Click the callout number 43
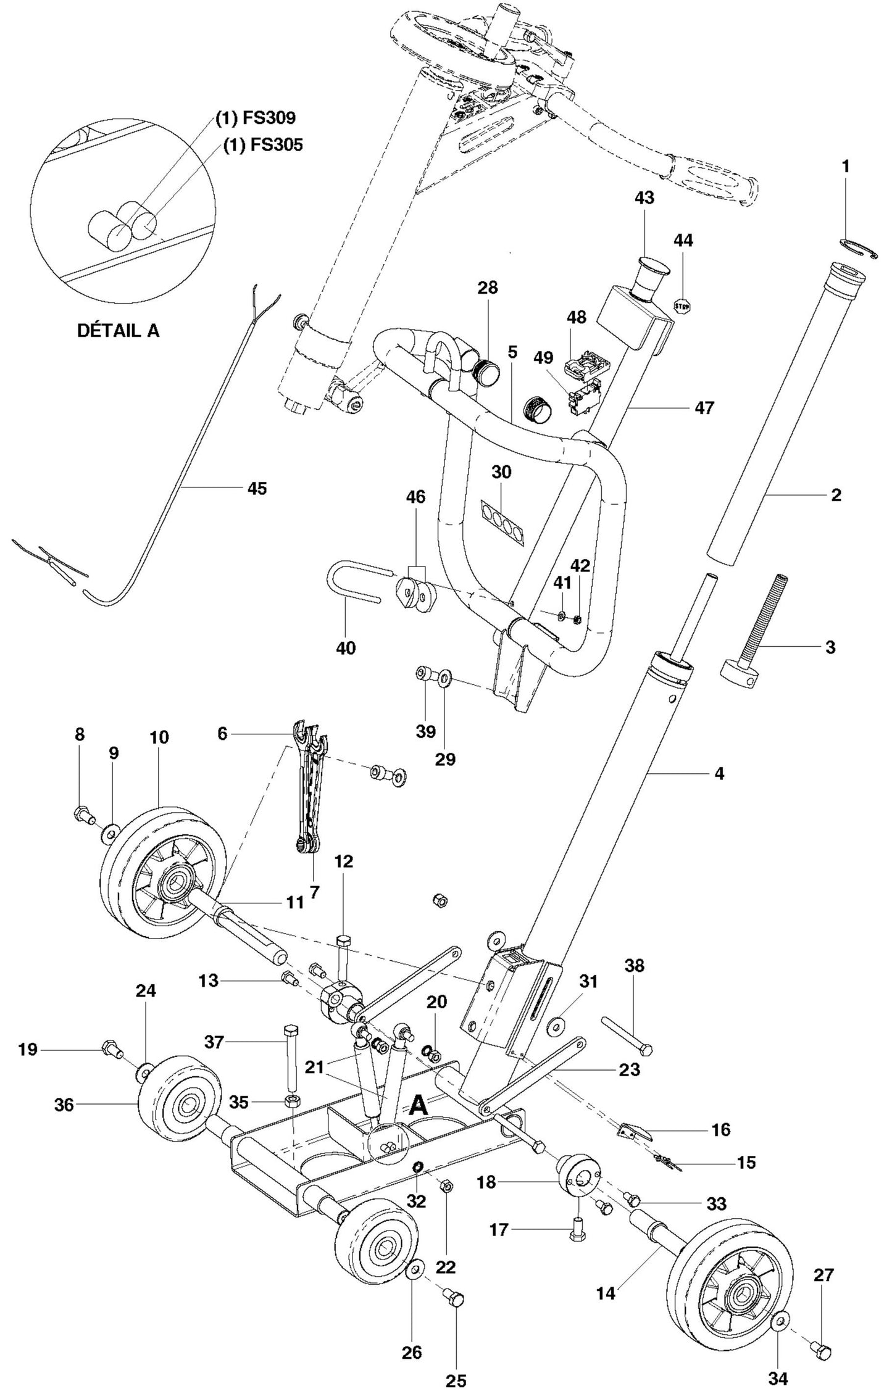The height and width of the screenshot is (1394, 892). pyautogui.click(x=644, y=197)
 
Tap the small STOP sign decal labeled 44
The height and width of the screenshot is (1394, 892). pyautogui.click(x=681, y=305)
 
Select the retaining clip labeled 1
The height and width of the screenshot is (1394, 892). pyautogui.click(x=859, y=249)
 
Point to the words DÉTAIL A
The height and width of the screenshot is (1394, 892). pyautogui.click(x=118, y=331)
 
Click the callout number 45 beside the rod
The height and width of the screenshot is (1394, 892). pyautogui.click(x=257, y=488)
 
